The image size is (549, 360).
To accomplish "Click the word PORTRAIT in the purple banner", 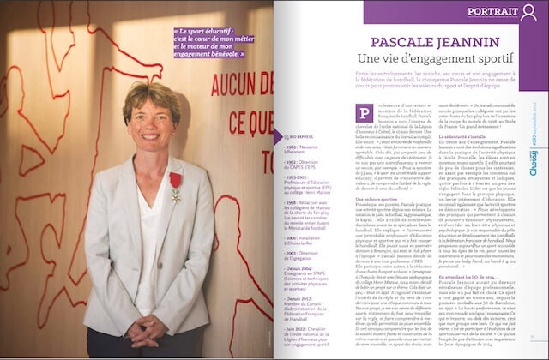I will click(x=491, y=12).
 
